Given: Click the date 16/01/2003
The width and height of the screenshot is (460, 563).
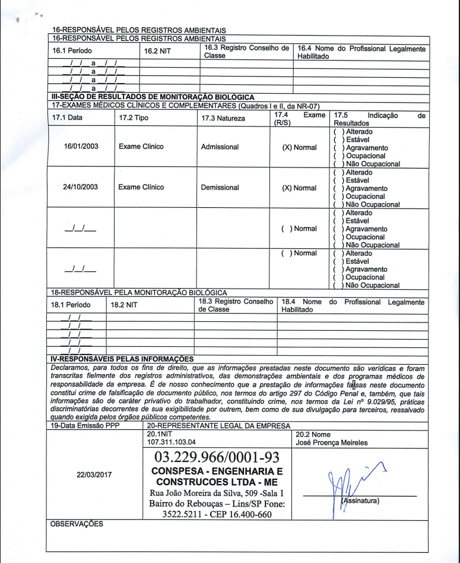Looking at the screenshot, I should click(82, 146).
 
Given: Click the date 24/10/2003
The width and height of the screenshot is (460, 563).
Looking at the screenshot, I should click(82, 187).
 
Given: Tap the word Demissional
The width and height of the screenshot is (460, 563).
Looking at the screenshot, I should click(220, 187).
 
